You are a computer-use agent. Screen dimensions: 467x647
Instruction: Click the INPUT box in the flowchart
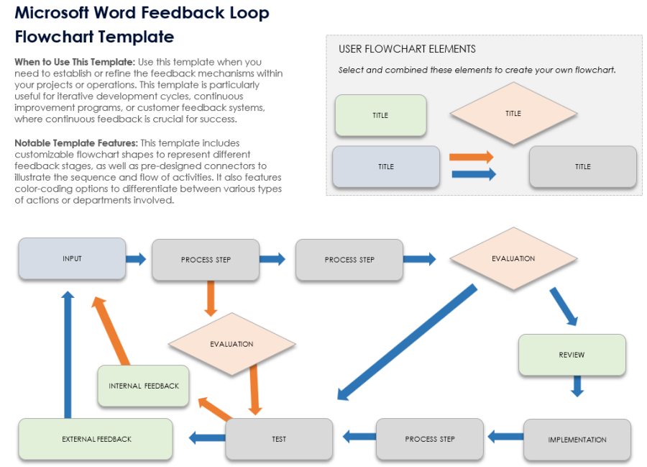[72, 258]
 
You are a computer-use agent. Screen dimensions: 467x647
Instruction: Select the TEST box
[279, 439]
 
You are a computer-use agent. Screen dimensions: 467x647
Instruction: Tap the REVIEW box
[572, 355]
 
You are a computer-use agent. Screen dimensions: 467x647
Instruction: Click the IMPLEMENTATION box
[577, 440]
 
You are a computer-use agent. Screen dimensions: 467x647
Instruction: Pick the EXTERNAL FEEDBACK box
[96, 439]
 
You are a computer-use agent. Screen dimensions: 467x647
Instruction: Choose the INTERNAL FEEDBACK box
[144, 386]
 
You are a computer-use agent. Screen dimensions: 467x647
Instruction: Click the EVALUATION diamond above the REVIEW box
[513, 258]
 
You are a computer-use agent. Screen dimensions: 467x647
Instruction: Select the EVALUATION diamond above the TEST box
[231, 344]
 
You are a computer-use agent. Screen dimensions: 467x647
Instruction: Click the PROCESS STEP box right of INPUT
[206, 260]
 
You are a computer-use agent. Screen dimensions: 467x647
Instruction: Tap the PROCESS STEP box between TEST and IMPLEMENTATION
[430, 439]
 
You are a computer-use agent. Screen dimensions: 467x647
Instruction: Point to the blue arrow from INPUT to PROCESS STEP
[136, 259]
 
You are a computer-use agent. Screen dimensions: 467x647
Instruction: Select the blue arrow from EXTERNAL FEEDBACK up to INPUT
[68, 355]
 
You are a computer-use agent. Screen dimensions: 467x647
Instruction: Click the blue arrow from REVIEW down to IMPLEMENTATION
[577, 386]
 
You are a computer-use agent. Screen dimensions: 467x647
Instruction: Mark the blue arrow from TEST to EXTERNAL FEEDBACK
[207, 437]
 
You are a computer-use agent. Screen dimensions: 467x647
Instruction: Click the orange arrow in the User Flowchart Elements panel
[471, 157]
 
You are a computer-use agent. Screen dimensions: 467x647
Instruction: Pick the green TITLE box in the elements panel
[380, 115]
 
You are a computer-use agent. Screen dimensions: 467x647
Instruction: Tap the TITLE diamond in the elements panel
[513, 114]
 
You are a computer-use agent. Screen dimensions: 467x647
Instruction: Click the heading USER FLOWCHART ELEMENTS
[407, 49]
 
